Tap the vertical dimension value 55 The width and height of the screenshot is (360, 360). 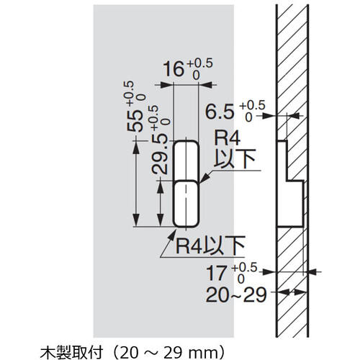(133, 121)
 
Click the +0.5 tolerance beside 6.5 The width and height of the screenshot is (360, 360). (251, 104)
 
